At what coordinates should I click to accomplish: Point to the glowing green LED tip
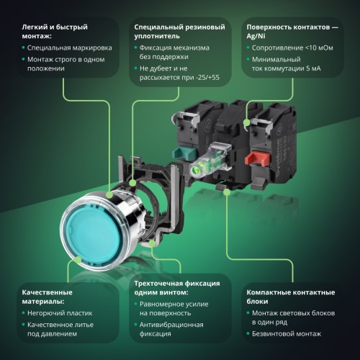(197, 171)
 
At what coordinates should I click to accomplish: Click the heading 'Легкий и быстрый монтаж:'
(55, 32)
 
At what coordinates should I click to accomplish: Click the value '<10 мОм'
(319, 48)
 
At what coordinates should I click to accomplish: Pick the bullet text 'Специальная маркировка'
(70, 48)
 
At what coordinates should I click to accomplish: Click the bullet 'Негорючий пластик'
(60, 313)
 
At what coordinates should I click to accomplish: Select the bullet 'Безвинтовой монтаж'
(287, 333)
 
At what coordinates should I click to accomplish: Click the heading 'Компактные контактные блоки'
(291, 297)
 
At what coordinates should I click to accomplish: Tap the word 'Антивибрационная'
(171, 325)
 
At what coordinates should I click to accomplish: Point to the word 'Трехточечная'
(158, 284)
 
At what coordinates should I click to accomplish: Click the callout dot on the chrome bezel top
(109, 194)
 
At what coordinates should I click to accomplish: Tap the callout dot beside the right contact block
(246, 122)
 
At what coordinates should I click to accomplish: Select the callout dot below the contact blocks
(227, 192)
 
